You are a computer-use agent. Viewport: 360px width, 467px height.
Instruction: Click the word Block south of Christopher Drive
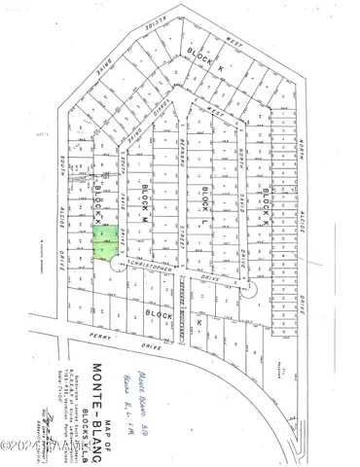click(x=158, y=314)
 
